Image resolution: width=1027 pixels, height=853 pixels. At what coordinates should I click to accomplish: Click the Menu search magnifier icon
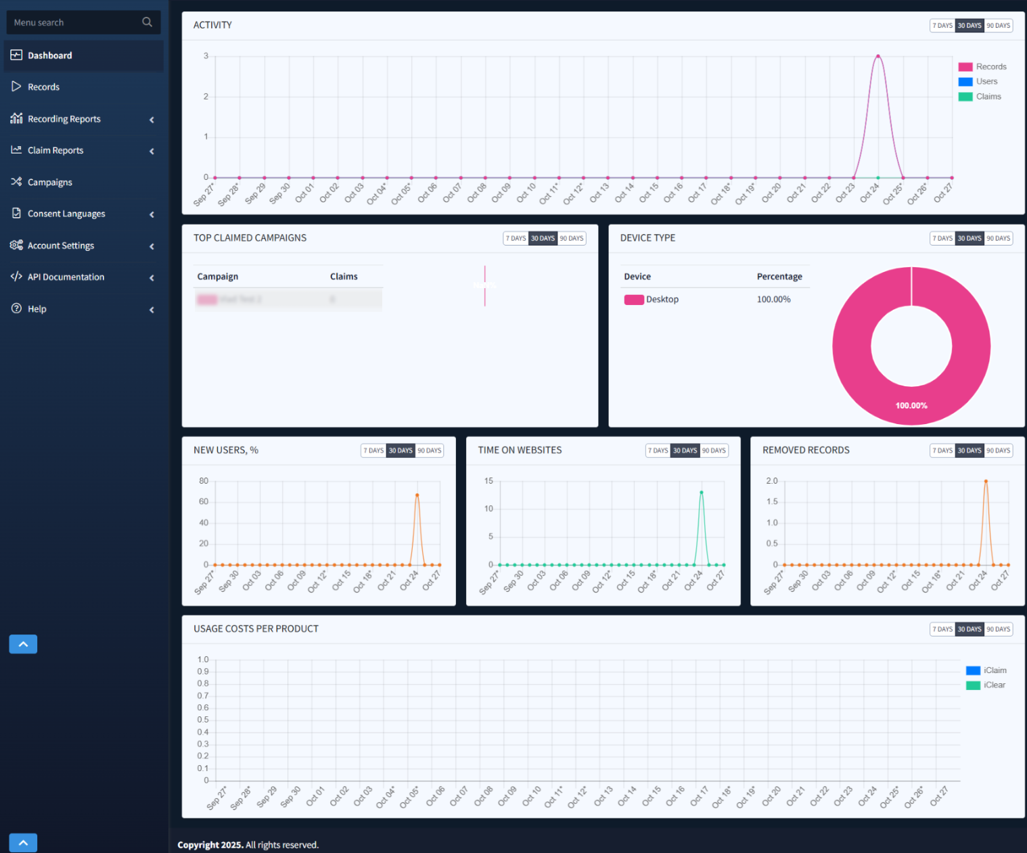147,22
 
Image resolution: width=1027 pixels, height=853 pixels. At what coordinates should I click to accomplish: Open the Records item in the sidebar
43,87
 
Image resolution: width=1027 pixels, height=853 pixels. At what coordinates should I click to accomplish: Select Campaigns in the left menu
49,182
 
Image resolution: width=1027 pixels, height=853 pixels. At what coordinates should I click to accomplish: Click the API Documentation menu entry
66,277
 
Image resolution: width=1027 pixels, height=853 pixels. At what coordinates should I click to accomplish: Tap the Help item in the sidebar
37,308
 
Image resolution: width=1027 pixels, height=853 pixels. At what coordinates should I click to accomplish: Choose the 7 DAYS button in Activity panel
942,26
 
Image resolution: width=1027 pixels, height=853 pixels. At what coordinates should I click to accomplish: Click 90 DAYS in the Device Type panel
998,238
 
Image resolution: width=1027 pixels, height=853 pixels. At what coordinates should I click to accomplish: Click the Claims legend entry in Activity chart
988,97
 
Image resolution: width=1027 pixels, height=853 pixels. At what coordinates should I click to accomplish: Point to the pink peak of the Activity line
878,56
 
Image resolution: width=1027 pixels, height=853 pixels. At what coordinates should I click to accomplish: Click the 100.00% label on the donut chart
911,406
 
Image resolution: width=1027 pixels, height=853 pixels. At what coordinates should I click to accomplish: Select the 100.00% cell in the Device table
773,299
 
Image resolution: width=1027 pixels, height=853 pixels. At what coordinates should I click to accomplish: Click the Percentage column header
779,276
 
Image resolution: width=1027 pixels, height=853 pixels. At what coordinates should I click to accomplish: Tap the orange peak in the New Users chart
417,495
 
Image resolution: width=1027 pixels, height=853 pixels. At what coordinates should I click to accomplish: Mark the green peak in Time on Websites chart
702,492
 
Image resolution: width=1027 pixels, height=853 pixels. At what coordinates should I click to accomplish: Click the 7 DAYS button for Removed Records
942,451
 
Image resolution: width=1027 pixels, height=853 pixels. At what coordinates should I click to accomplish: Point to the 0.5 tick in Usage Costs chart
203,720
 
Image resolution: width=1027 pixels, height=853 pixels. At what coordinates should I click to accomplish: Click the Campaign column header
217,276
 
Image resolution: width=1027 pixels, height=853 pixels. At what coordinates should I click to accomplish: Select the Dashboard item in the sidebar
49,55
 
